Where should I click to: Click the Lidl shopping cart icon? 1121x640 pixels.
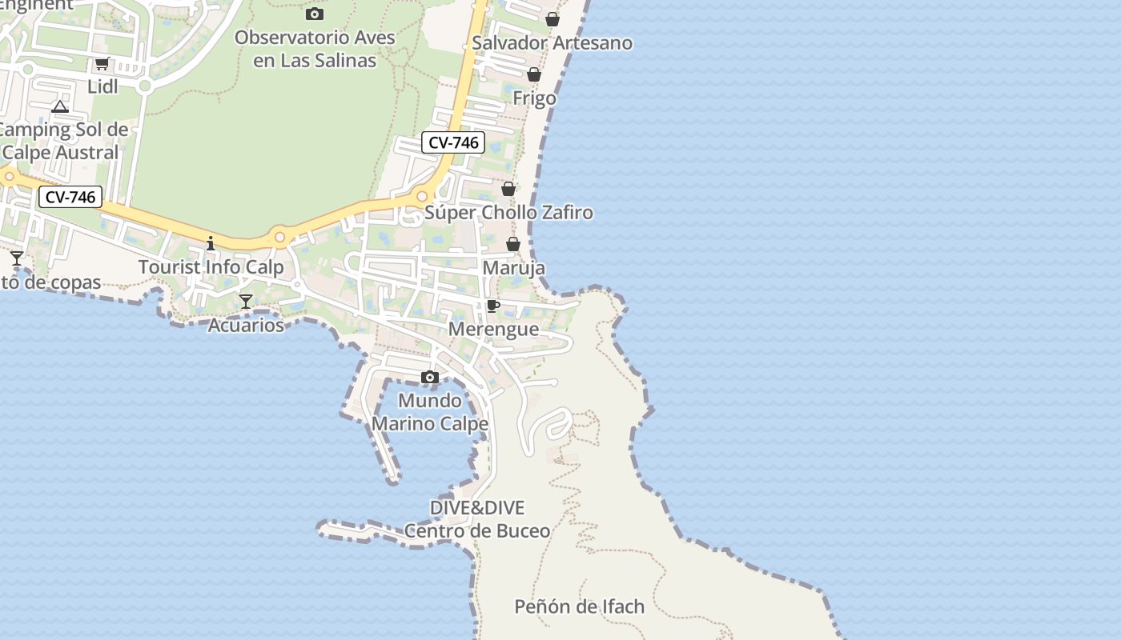(102, 64)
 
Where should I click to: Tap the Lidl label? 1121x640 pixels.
(102, 86)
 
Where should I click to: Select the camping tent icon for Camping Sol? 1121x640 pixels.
(60, 106)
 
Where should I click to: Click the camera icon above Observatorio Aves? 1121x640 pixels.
(315, 14)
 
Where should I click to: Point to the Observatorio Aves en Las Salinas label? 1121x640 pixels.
(315, 49)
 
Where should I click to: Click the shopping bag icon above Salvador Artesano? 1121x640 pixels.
(552, 19)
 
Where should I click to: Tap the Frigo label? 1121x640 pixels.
(534, 99)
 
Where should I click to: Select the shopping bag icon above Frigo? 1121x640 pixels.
(534, 75)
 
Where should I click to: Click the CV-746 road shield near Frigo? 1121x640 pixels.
(453, 143)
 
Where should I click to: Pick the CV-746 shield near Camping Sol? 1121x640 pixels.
(70, 197)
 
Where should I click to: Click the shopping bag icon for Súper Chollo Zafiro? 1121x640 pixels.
(508, 189)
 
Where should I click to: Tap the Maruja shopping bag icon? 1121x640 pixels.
(513, 244)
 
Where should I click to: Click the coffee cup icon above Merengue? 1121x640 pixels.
(493, 306)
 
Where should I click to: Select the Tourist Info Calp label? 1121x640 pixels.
(211, 267)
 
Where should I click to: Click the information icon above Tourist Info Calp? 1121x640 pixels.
(211, 242)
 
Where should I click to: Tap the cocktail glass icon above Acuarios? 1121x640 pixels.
(246, 302)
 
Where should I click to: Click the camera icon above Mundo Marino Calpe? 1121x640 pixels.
(430, 378)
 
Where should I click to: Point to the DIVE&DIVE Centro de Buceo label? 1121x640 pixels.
(477, 519)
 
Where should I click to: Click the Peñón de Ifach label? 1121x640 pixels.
(579, 606)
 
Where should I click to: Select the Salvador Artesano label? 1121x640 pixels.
(552, 43)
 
